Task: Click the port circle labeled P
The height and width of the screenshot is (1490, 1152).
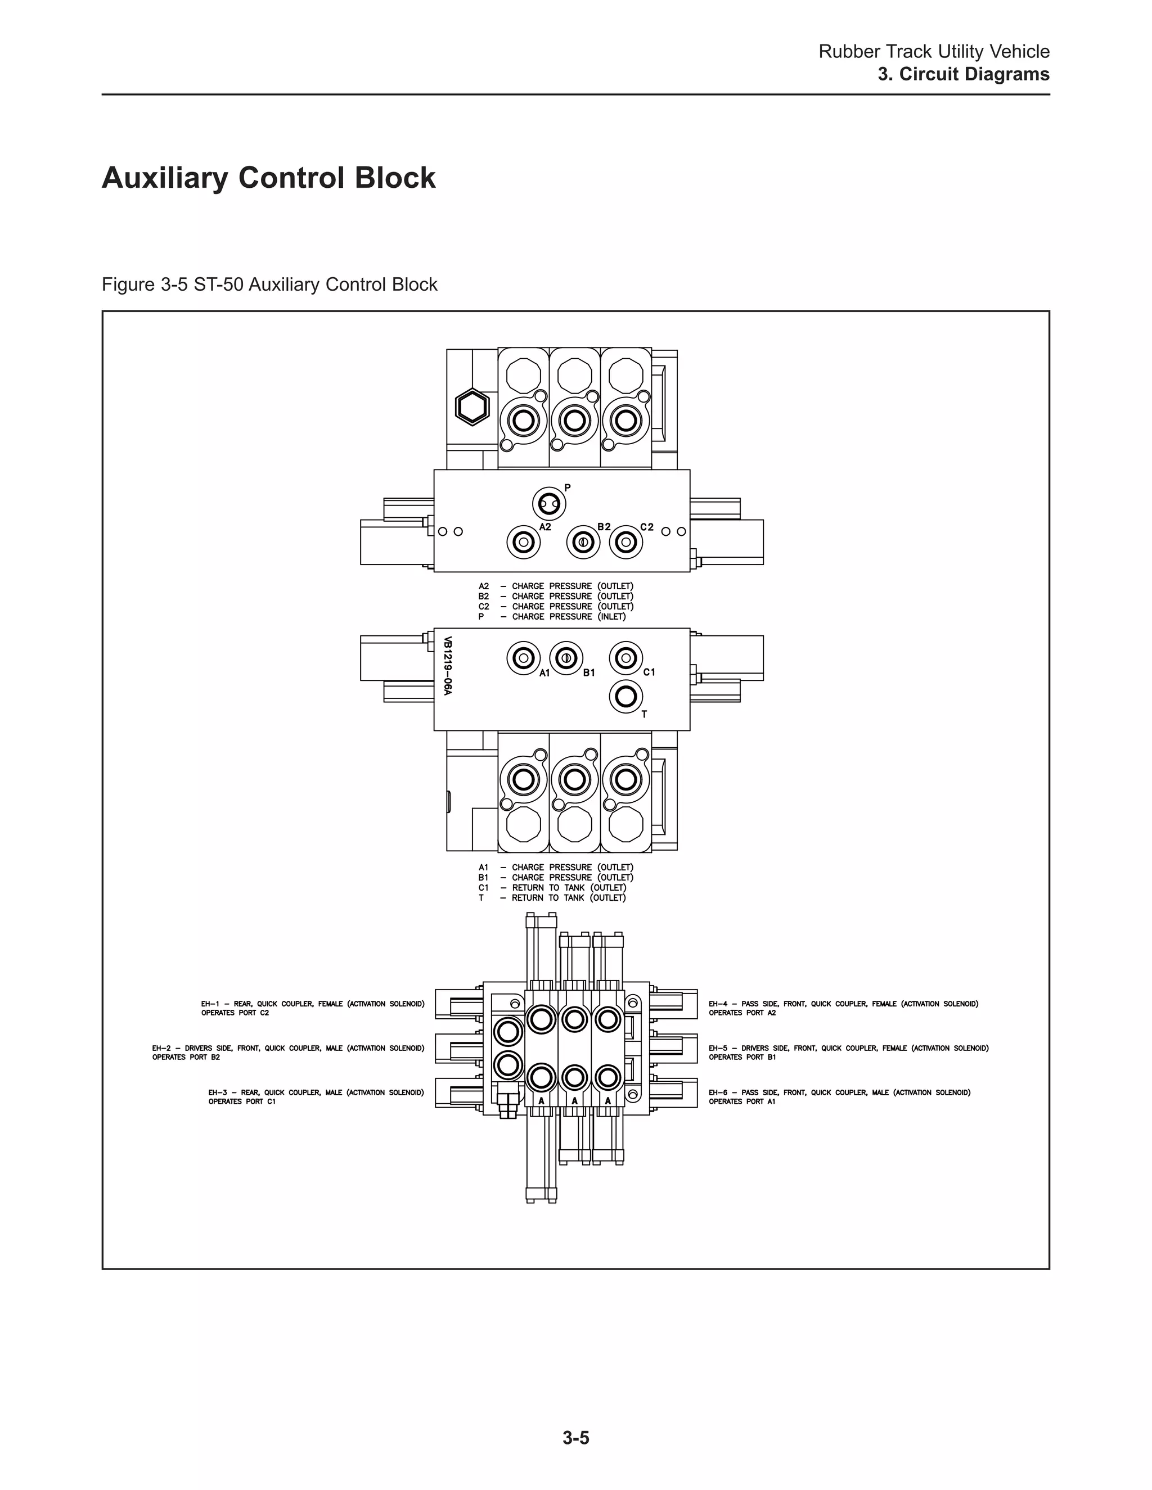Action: coord(548,504)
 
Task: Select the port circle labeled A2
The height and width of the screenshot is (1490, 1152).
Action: coord(524,543)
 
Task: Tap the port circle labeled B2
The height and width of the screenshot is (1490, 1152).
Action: coord(583,543)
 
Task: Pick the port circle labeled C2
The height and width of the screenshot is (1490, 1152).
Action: coord(625,543)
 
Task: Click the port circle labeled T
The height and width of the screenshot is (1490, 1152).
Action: coord(625,697)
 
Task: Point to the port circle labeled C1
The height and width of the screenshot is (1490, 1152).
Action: coord(625,658)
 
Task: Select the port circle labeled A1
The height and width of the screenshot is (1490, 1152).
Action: coord(524,658)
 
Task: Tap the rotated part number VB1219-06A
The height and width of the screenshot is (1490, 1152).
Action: coord(448,666)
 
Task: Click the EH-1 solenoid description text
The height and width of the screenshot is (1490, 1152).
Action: coord(313,1008)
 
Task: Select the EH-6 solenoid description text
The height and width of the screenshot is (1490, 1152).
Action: coord(839,1097)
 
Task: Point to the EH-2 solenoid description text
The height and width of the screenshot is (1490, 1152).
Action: coord(288,1053)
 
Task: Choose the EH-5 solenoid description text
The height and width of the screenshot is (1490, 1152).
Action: coord(848,1053)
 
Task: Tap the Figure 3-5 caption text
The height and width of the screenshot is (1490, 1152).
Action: coord(269,285)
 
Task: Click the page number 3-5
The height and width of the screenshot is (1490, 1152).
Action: coord(575,1438)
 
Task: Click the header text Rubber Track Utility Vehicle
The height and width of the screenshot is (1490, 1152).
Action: coord(934,52)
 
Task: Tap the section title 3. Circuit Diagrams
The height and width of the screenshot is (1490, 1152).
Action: coord(963,74)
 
